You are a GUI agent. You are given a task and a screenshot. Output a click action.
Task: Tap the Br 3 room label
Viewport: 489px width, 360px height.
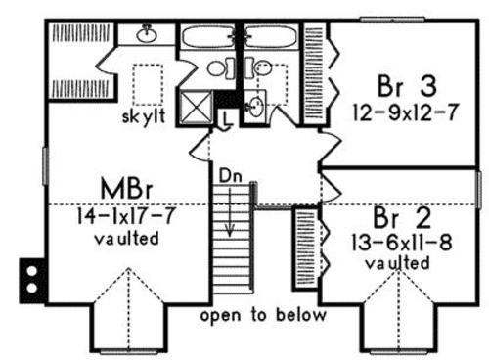point(407,86)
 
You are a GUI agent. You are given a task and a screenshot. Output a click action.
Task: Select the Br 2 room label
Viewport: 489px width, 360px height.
point(402,217)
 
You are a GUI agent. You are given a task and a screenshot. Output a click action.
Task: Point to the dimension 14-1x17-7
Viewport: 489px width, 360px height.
point(126,215)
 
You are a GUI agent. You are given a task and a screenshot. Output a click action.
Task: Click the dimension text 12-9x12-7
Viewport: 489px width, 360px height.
point(406,112)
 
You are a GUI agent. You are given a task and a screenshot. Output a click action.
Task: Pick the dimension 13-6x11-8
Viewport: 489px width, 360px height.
point(402,243)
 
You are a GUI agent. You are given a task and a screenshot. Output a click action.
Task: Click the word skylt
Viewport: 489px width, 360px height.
point(144,116)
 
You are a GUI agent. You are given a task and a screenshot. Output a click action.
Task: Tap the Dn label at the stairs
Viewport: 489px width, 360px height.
point(231,176)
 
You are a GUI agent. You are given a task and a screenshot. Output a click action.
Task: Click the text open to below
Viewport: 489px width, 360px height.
point(263,315)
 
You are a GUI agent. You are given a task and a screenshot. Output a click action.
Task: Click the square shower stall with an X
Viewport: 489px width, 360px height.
point(197,107)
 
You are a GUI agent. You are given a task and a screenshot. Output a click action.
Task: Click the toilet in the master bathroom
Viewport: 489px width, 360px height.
point(221,68)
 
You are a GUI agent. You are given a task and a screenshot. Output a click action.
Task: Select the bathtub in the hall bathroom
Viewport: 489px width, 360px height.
point(271,36)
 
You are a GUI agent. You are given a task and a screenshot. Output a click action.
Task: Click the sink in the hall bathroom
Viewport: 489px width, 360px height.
point(255,106)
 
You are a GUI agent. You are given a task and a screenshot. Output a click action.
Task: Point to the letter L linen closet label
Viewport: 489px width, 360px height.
point(227,119)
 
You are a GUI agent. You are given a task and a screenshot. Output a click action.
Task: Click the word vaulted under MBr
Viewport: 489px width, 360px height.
point(126,239)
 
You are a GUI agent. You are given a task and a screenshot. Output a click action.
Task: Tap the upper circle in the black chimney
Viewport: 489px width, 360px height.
point(32,271)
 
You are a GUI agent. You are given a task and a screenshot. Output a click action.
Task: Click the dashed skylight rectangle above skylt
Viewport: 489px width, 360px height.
point(148,84)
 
